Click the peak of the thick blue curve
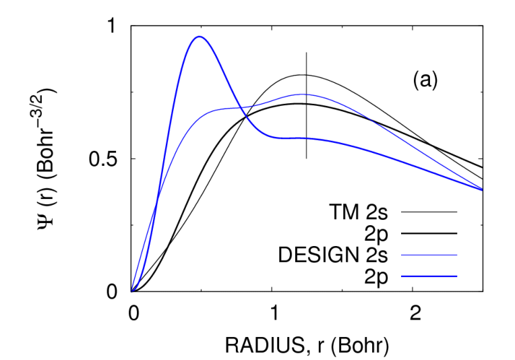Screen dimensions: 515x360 [x=199, y=36]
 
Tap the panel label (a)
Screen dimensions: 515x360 [x=425, y=80]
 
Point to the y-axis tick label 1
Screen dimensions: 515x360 [x=113, y=26]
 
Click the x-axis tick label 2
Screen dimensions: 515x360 [x=415, y=313]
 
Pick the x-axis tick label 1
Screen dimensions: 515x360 [x=274, y=313]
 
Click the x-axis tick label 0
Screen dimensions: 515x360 [x=133, y=313]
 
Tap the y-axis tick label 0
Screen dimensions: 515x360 [x=112, y=292]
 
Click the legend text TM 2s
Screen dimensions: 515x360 [x=359, y=212]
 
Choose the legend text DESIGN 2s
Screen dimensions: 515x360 [x=333, y=255]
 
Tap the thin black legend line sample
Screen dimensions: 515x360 [x=429, y=212]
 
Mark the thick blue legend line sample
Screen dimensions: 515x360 [x=429, y=276]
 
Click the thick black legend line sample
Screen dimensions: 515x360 [x=429, y=233]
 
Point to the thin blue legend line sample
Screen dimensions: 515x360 [x=429, y=255]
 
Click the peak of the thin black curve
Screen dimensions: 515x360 [x=301, y=75]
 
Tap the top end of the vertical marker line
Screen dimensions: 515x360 [x=307, y=52]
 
